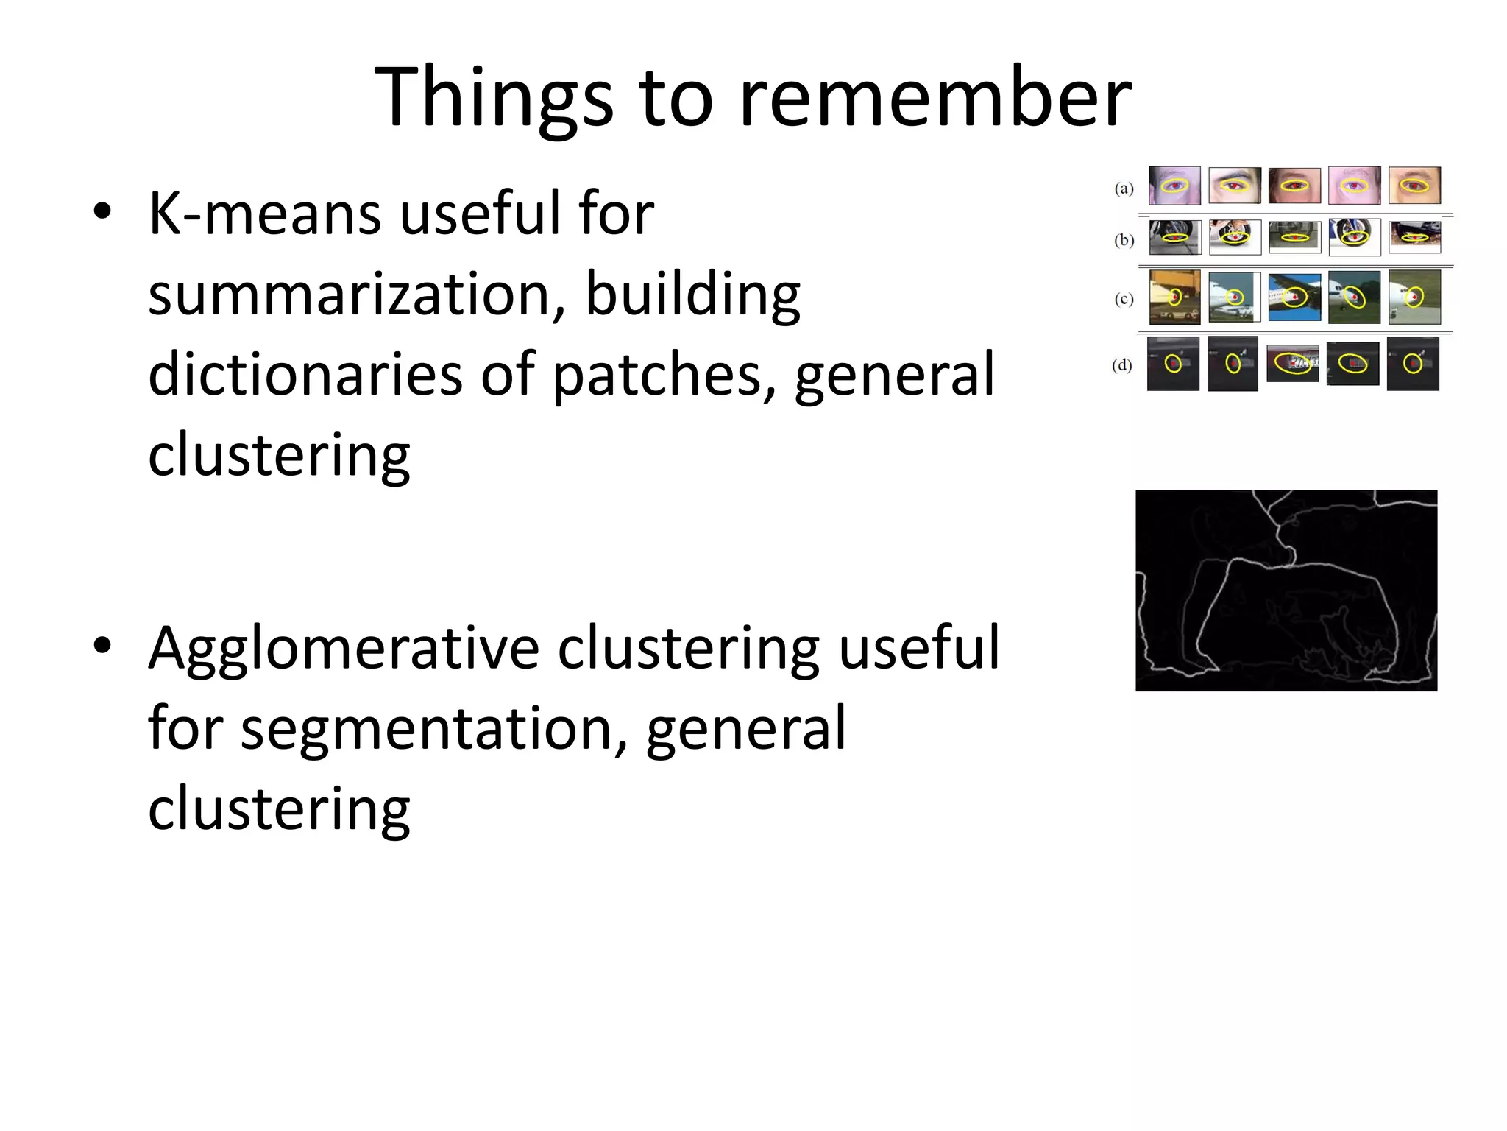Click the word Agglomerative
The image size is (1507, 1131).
tap(344, 648)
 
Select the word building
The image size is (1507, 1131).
tap(692, 295)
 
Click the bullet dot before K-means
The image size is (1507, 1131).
tap(102, 211)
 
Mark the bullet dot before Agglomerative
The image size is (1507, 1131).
tap(102, 646)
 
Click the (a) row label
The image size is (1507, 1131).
tap(1124, 188)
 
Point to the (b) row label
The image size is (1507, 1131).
tap(1124, 240)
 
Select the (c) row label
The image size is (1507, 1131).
tap(1124, 299)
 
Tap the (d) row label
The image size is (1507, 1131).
tap(1122, 365)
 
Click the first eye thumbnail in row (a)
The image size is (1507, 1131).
tap(1174, 185)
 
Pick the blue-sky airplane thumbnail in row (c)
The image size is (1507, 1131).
tap(1294, 297)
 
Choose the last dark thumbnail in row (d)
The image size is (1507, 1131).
tap(1413, 364)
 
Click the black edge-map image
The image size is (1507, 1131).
tap(1286, 591)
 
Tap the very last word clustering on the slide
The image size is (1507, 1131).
tap(279, 808)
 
